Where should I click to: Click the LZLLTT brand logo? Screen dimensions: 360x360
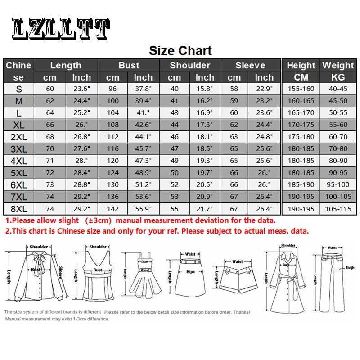coord(60,29)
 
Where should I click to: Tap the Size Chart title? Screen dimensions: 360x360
coord(180,50)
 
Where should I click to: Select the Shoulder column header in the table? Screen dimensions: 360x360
coord(190,65)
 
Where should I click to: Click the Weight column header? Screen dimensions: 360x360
coord(338,65)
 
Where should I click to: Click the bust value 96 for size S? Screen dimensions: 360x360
coord(113,89)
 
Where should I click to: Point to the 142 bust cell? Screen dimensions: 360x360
coord(113,208)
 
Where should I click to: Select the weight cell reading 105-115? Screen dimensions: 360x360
coord(338,208)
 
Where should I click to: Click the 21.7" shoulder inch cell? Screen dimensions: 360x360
coord(205,208)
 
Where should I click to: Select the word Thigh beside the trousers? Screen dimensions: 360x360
coord(350,267)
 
